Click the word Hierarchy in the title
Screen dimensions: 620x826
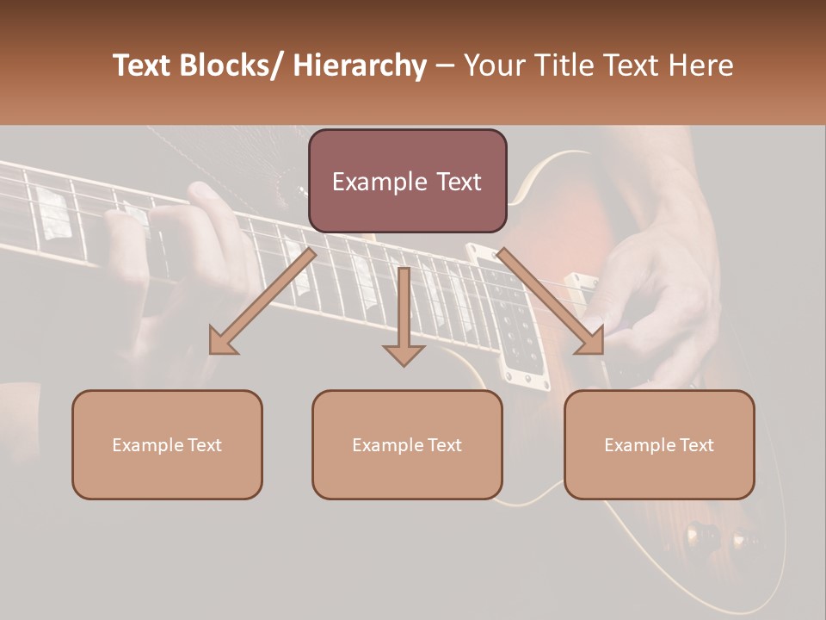(360, 65)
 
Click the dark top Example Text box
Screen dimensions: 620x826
(407, 182)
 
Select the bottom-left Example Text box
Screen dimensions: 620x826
(167, 445)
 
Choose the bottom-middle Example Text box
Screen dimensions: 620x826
(407, 445)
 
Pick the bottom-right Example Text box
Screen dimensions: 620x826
(659, 445)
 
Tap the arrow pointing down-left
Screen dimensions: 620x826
(263, 301)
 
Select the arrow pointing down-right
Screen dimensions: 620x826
(551, 301)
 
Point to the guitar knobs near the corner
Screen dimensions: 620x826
(714, 538)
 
